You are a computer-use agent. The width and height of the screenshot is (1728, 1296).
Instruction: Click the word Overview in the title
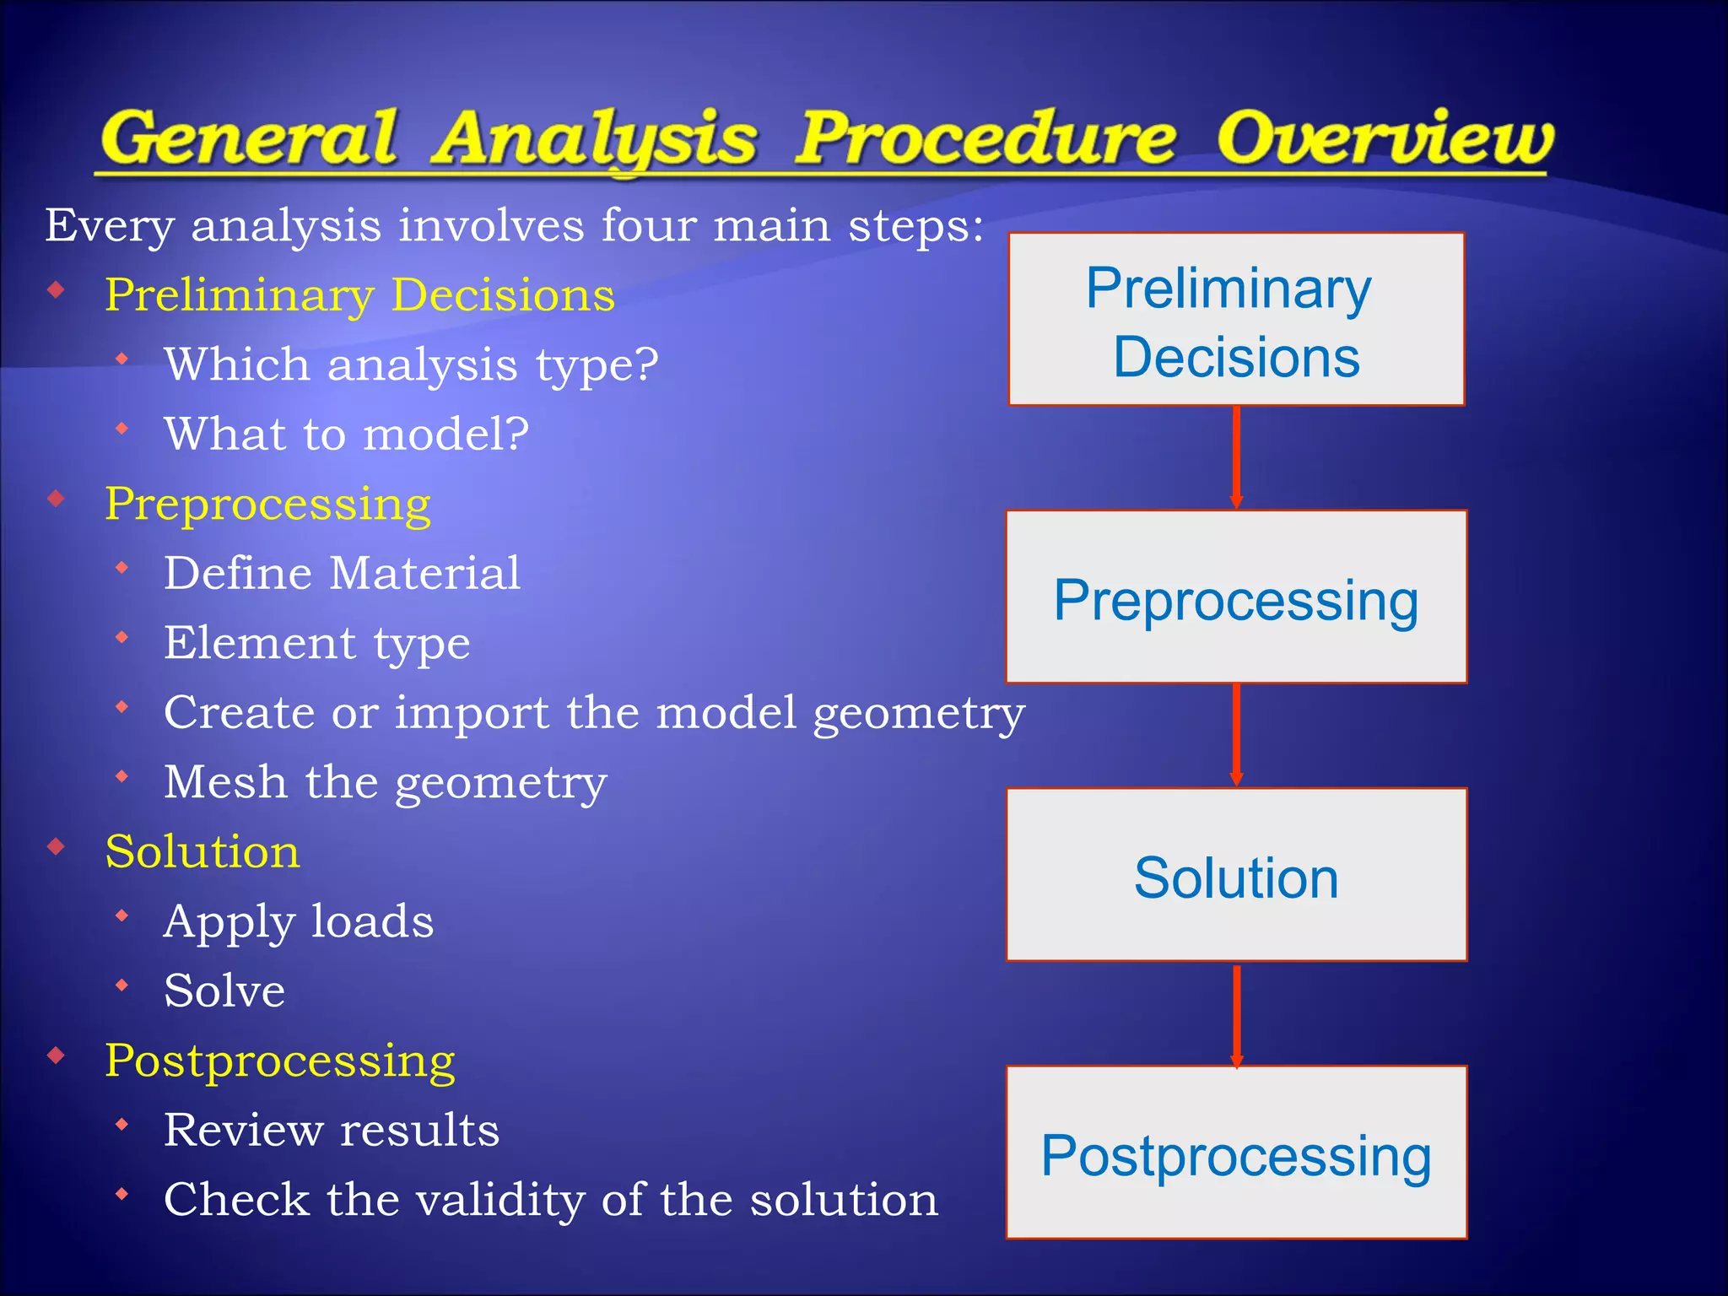tap(1384, 139)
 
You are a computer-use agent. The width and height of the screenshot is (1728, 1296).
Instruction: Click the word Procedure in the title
tap(985, 139)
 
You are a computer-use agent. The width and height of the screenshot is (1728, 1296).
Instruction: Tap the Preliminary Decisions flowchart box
tap(1236, 320)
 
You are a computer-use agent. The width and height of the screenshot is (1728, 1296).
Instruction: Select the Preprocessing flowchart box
tap(1236, 597)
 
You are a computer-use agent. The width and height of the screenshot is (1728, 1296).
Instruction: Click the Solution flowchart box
tap(1236, 875)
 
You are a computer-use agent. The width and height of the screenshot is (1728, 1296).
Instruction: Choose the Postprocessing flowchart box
tap(1236, 1153)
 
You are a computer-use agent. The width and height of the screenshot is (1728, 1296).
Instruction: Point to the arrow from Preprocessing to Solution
tap(1236, 735)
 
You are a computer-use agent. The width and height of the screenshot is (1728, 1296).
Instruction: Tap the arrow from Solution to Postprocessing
tap(1236, 1015)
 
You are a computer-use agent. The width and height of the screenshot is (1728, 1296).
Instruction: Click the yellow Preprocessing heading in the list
tap(267, 505)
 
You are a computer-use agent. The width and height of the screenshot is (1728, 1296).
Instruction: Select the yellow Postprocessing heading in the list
tap(279, 1061)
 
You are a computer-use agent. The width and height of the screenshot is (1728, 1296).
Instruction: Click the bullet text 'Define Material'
tap(342, 574)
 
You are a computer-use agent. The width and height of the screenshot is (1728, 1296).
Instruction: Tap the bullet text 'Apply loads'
tap(299, 921)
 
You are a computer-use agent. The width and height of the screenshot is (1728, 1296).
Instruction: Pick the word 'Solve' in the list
tap(224, 991)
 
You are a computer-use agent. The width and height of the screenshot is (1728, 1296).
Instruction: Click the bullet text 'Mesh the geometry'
tap(386, 782)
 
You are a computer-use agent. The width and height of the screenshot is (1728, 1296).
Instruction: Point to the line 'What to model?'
tap(346, 435)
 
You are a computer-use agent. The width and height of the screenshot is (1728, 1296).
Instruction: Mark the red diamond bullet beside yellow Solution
tap(57, 846)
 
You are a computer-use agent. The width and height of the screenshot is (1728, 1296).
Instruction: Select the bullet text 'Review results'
tap(332, 1130)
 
